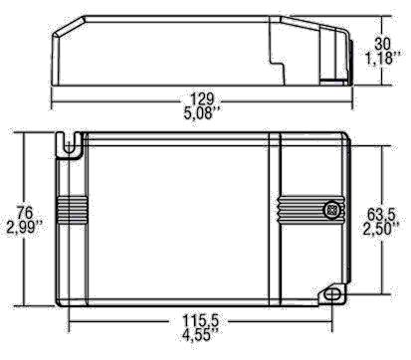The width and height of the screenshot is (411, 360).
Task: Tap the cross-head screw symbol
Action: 329,211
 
